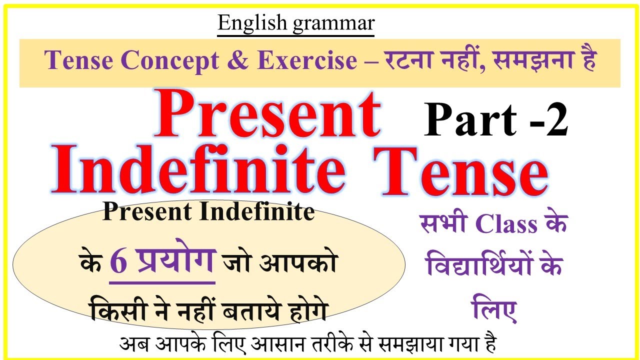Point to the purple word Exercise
point(307,61)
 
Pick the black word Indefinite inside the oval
point(257,212)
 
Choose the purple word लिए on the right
point(495,311)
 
